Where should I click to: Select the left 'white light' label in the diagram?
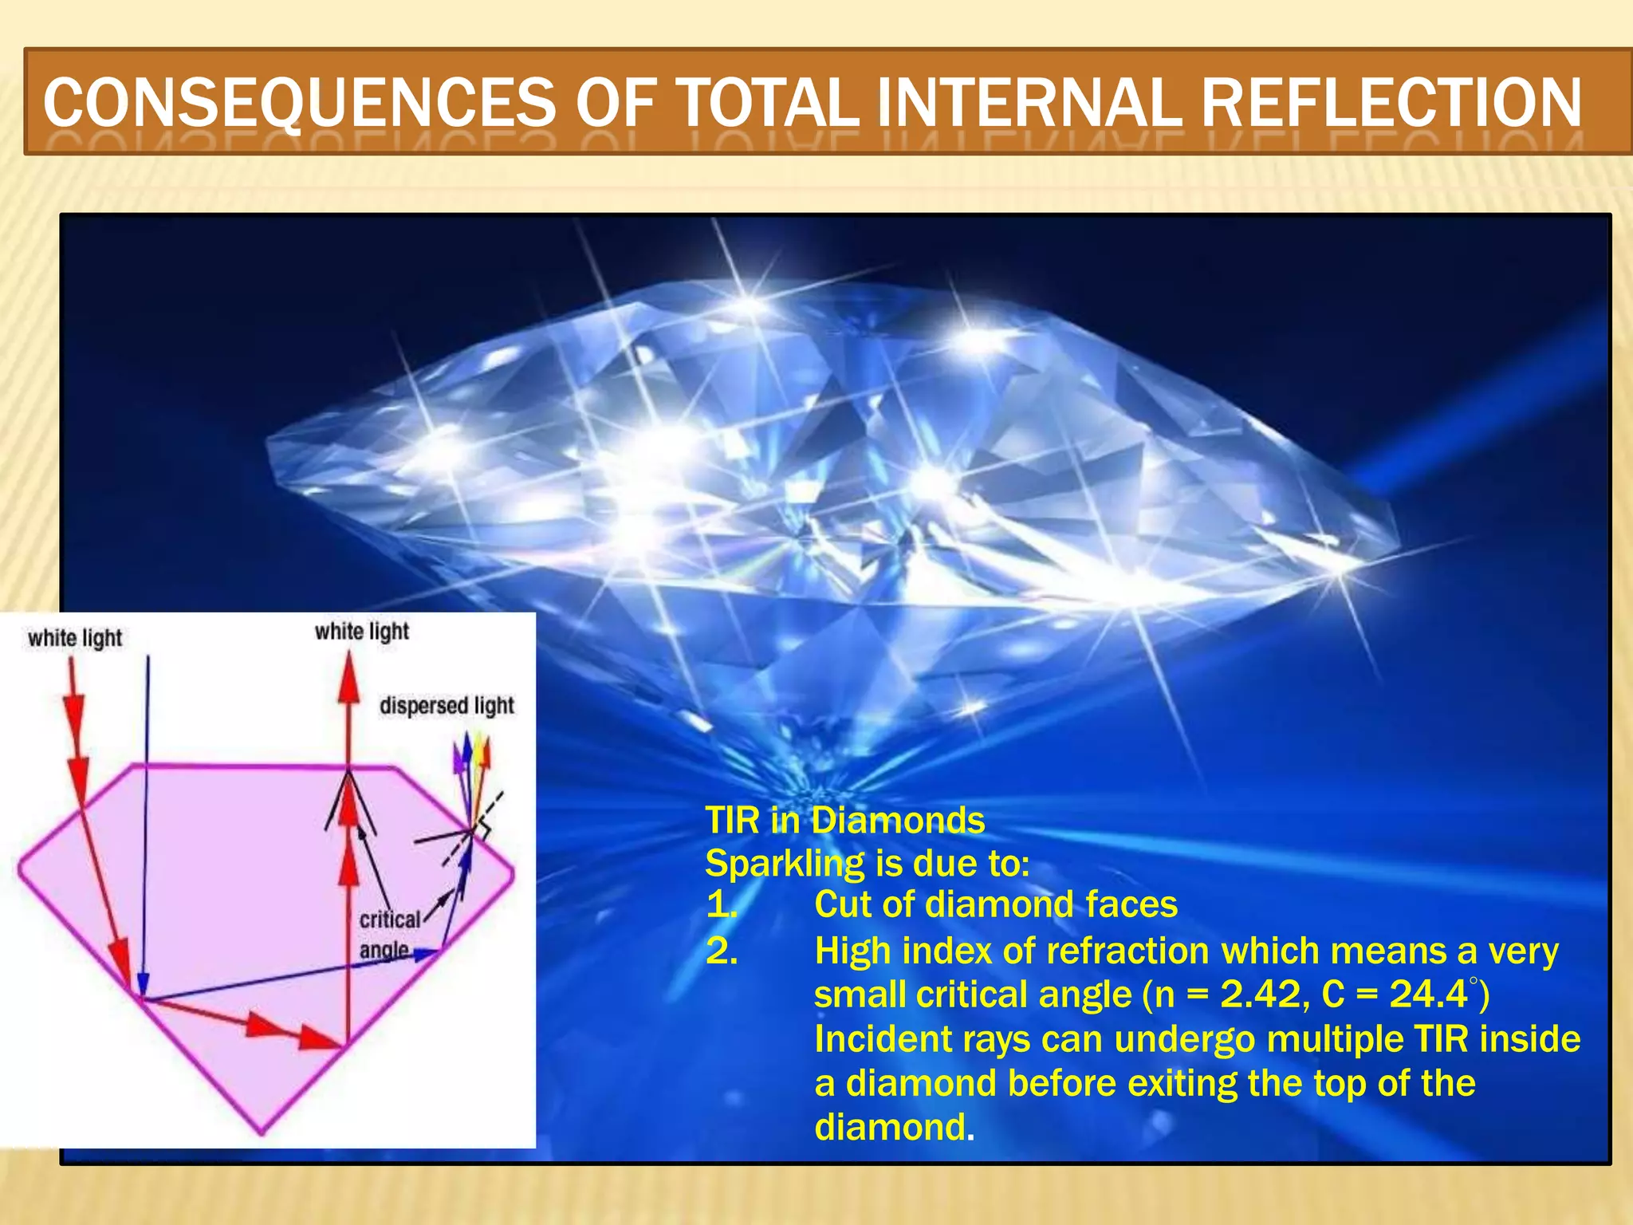[x=75, y=638]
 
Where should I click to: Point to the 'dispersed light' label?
[x=447, y=706]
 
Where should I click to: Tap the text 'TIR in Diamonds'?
[x=845, y=821]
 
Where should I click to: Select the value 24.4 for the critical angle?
[x=1428, y=995]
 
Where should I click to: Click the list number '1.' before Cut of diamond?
[x=722, y=905]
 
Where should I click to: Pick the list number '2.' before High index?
[x=722, y=951]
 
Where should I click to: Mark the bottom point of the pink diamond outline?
[x=262, y=1132]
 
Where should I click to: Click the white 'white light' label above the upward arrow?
[x=361, y=632]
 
